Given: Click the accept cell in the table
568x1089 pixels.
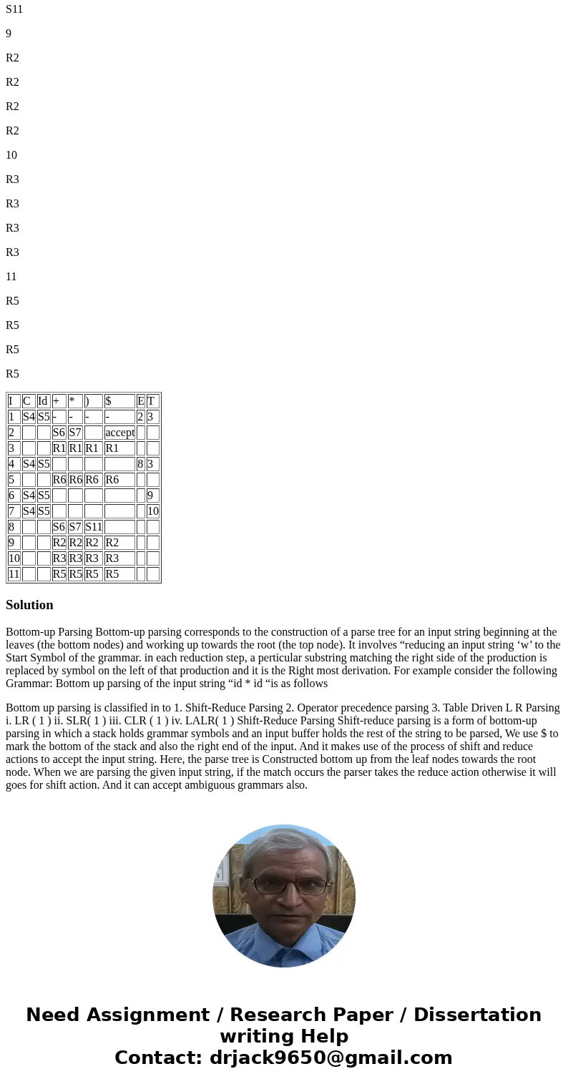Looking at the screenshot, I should (119, 433).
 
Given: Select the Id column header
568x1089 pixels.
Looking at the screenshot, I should (43, 401).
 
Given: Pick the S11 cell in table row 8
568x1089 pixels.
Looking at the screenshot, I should (94, 527).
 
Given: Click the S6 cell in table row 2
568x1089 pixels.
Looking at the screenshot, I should (59, 433).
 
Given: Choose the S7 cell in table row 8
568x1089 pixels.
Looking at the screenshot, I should (75, 527).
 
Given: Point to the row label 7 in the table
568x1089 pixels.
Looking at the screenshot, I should (12, 511).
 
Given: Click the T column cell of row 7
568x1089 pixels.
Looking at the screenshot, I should (153, 511).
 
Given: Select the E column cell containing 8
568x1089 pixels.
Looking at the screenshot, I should (140, 464).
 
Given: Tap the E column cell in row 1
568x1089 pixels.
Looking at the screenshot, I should (140, 417).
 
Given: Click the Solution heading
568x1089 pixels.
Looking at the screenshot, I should (29, 605).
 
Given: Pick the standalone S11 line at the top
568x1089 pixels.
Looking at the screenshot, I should (14, 9).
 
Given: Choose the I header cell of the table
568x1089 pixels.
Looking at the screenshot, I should (12, 401).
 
